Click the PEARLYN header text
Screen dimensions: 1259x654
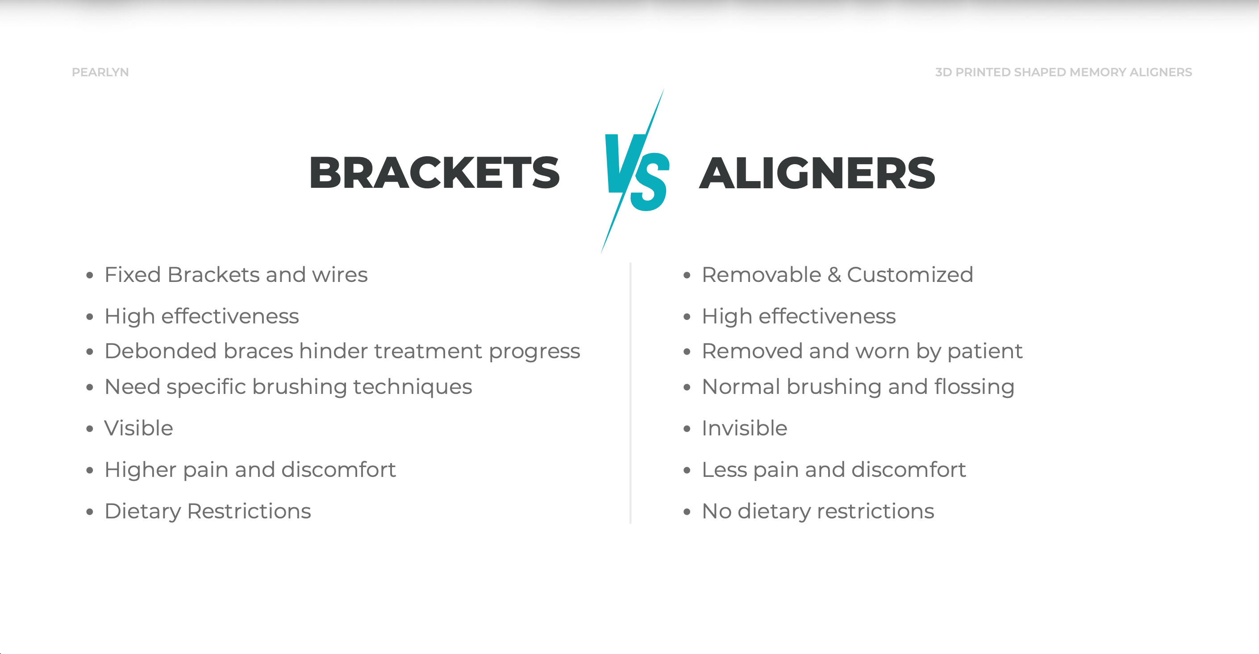100,72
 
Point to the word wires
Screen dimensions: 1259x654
340,274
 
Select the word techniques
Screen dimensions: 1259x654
413,387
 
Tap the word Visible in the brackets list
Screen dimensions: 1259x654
139,428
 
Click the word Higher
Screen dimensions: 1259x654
140,470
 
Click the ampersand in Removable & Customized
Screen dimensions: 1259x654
834,274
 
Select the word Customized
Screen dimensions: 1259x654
910,274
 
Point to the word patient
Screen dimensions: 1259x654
985,351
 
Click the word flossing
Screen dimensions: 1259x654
975,387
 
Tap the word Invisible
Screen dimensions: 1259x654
744,428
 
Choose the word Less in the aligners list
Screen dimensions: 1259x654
724,470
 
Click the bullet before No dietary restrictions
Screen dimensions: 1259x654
687,512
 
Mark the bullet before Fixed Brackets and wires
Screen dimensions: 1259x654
89,275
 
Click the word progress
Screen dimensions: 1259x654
534,352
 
